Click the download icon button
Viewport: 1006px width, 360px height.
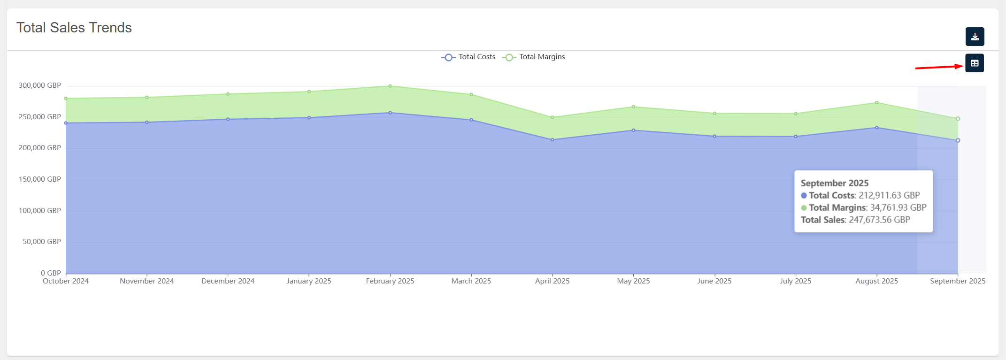click(x=975, y=37)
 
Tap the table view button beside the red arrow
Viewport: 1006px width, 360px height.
click(x=975, y=63)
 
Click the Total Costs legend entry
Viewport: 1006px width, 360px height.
click(x=468, y=57)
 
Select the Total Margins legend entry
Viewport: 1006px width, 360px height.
click(x=534, y=57)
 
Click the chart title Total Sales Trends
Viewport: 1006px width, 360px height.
click(x=74, y=28)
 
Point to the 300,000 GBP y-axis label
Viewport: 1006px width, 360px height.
click(x=40, y=85)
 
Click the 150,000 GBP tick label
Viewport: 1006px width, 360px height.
click(x=40, y=179)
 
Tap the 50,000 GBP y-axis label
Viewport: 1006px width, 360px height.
click(x=42, y=242)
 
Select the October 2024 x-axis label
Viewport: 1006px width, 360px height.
click(x=66, y=281)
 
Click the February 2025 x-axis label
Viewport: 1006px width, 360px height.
click(x=390, y=281)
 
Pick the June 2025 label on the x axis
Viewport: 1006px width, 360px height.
click(x=714, y=281)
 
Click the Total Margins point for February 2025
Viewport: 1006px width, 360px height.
click(x=390, y=86)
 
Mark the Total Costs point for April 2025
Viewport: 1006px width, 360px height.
click(x=553, y=140)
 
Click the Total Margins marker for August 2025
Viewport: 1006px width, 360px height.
click(x=877, y=103)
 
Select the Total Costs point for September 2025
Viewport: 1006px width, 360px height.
click(x=958, y=140)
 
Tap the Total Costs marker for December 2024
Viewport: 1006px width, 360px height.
click(x=228, y=119)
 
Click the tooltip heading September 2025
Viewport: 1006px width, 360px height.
click(x=835, y=183)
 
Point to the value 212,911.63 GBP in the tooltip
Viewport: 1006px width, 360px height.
click(x=889, y=195)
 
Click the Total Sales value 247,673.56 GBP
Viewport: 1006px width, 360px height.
click(x=879, y=220)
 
